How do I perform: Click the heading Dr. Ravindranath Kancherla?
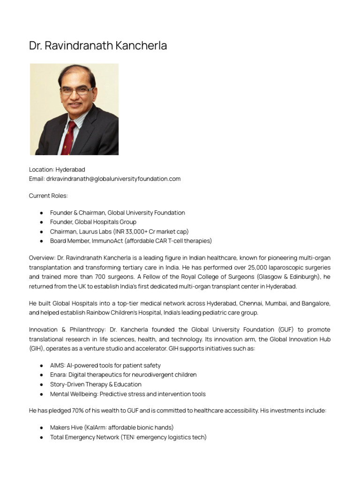(98, 46)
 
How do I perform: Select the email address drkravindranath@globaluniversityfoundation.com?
(113, 179)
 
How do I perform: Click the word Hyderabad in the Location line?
(70, 169)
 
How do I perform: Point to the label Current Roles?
(48, 195)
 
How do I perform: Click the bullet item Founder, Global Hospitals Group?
(93, 222)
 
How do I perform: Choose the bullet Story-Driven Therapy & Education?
(96, 384)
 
